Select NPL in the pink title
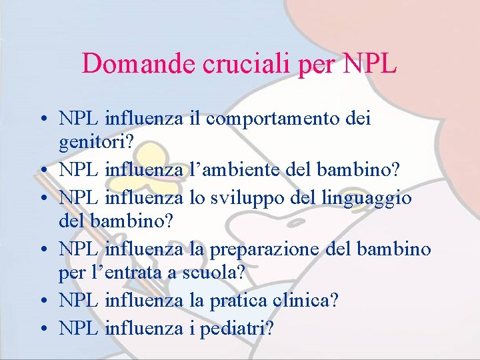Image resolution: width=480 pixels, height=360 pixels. point(370,64)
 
